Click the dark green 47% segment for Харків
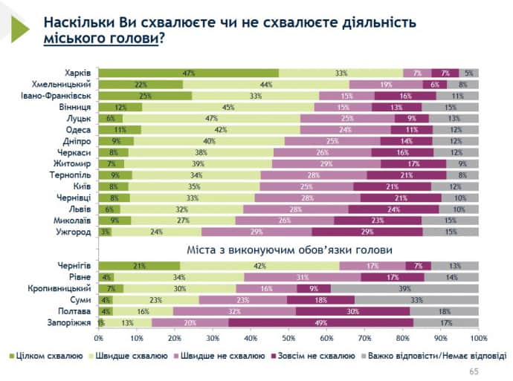pos(188,73)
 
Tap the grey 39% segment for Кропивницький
pos(404,287)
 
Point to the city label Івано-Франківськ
pos(57,96)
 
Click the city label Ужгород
pos(74,232)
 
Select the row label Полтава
pos(74,311)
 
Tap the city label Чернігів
pos(74,264)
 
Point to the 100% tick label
pos(478,338)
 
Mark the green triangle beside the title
pos(18,28)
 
